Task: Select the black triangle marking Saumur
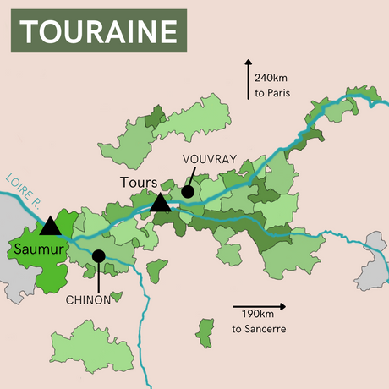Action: [51, 225]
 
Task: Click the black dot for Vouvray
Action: [188, 192]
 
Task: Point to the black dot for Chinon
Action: [99, 255]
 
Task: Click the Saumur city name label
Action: [39, 249]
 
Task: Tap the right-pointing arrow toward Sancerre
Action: [259, 307]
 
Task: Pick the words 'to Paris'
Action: [272, 93]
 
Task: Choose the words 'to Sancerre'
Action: [260, 328]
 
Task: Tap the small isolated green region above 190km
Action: [205, 332]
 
